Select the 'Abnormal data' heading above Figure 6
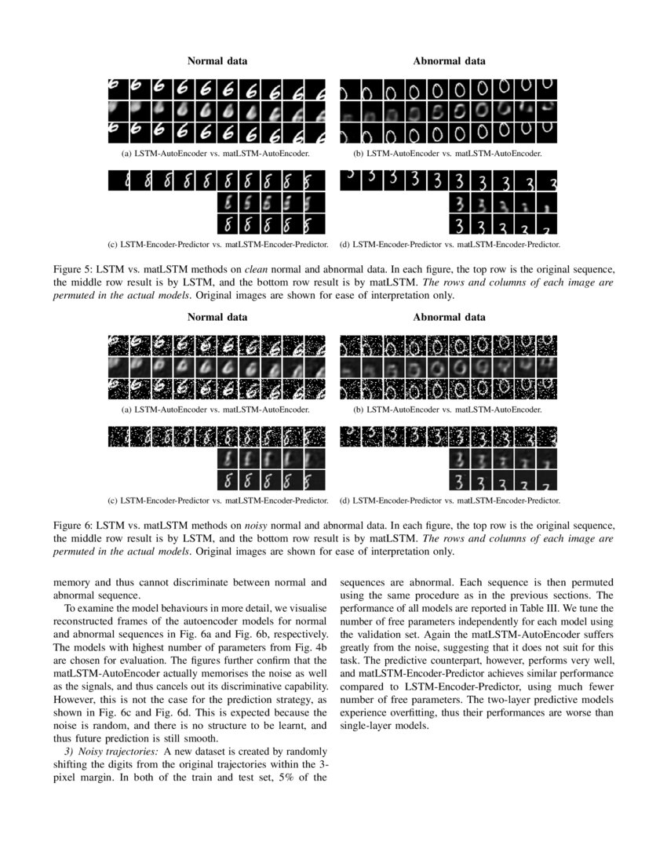(449, 317)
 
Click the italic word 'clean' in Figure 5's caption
(282, 269)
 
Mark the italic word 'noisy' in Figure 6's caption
(283, 525)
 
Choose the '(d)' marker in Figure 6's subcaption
(344, 501)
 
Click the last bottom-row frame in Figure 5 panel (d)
(549, 224)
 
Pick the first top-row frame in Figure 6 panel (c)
(118, 436)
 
